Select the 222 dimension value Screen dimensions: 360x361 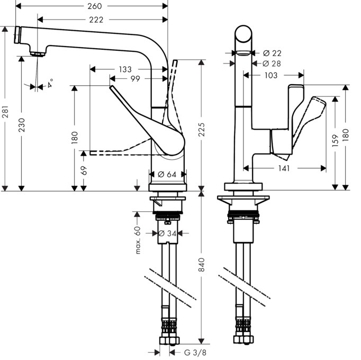tap(96, 20)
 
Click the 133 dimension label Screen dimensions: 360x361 tap(125, 69)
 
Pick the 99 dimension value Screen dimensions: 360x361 tap(135, 79)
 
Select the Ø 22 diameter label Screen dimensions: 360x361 tap(272, 53)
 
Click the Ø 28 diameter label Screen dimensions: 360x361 tap(272, 64)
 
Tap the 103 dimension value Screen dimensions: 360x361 tap(270, 75)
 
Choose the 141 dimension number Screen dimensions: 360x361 tap(283, 168)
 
